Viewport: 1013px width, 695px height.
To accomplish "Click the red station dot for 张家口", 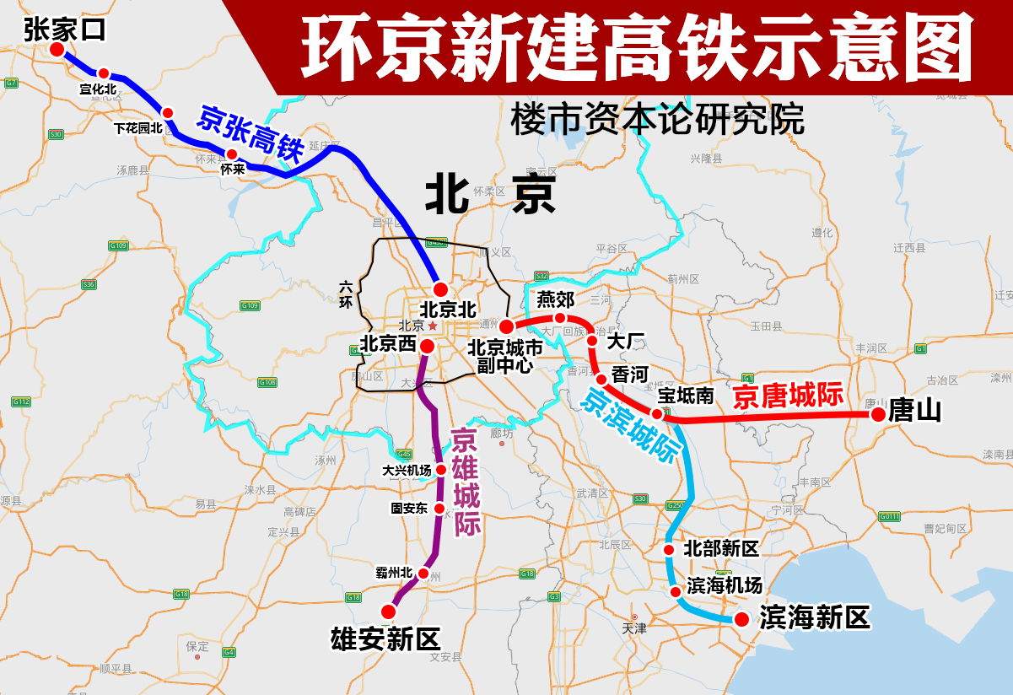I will (x=57, y=50).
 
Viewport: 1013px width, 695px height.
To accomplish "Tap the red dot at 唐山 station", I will (x=878, y=414).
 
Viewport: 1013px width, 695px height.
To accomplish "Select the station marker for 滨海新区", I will (x=741, y=620).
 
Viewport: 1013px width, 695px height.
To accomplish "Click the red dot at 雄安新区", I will (x=389, y=611).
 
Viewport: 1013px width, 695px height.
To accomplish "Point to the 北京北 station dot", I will (x=440, y=288).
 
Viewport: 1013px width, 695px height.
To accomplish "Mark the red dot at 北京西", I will (x=427, y=346).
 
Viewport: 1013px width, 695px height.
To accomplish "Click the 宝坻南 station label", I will (x=686, y=395).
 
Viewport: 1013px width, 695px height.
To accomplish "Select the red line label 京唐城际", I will (x=788, y=396).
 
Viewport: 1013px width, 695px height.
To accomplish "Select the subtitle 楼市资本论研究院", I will (x=656, y=120).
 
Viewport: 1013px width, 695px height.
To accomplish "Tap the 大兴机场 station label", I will (x=407, y=471).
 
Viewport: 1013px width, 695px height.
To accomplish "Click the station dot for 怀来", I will (x=230, y=154).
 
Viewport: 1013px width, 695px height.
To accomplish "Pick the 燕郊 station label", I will (x=555, y=299).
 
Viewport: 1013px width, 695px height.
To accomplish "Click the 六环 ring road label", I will (x=346, y=294).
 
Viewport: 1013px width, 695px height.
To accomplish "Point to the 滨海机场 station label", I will (x=724, y=585).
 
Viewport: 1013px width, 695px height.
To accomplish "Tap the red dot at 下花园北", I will (x=168, y=112).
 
